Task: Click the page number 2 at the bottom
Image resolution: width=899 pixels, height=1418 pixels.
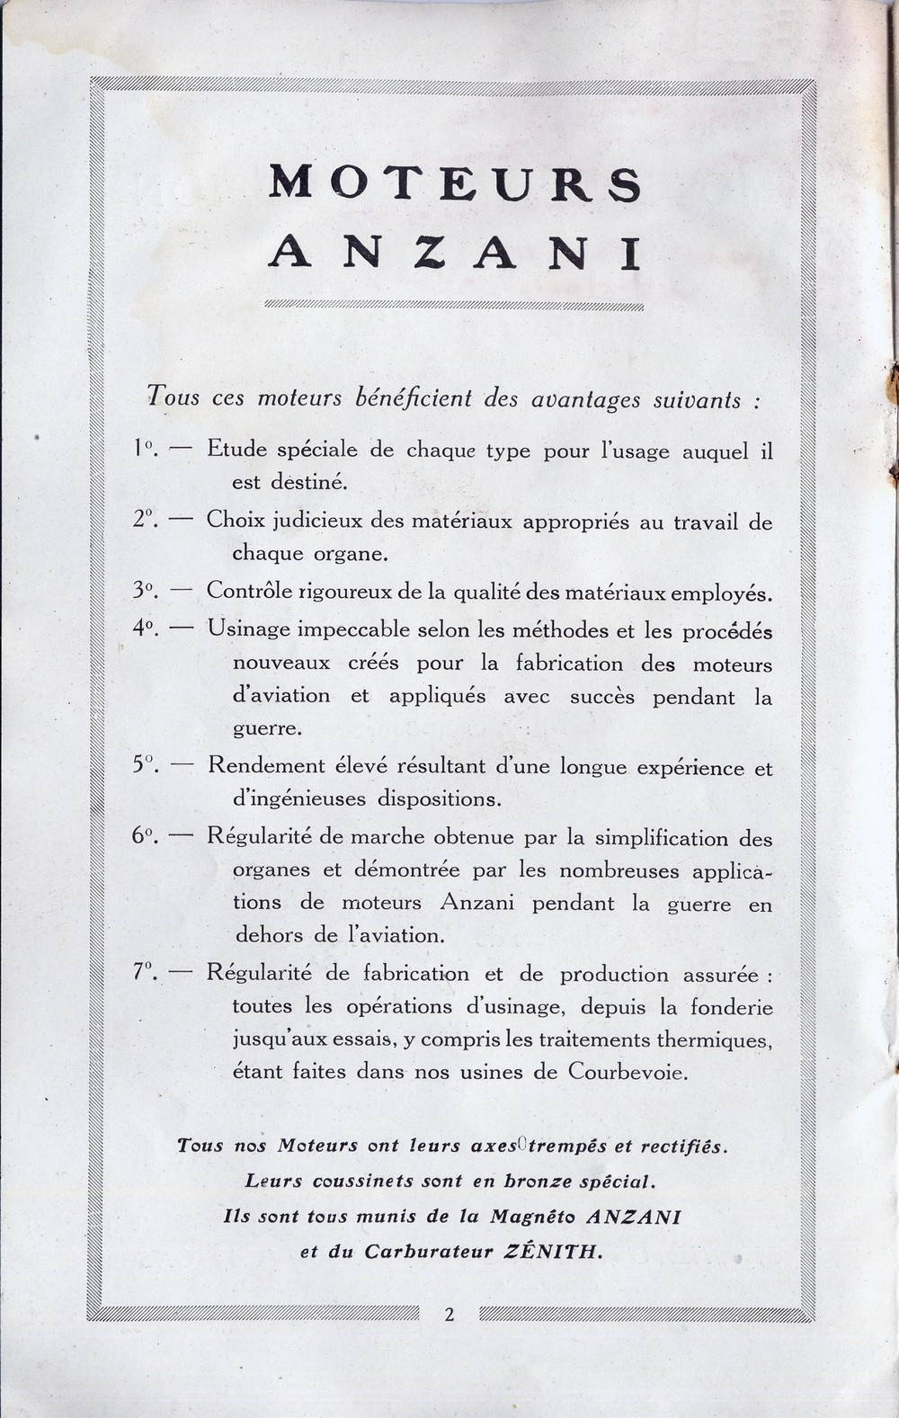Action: (449, 1315)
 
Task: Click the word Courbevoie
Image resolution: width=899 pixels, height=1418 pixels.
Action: (628, 1073)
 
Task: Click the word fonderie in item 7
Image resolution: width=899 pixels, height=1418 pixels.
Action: (732, 1006)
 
